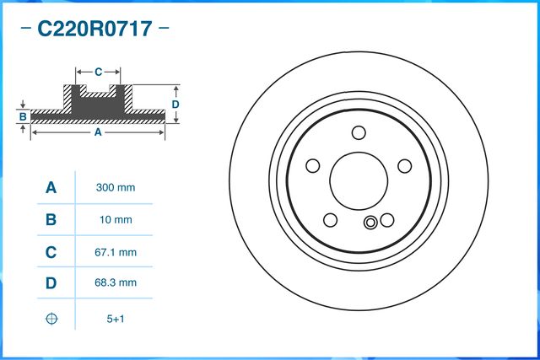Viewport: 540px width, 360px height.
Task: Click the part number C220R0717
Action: pos(94,30)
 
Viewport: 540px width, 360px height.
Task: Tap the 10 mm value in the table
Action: pos(115,220)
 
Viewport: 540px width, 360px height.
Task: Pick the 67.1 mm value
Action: pos(115,252)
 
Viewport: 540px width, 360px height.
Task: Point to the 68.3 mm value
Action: pos(115,284)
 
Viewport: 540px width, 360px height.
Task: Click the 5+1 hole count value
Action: pos(115,318)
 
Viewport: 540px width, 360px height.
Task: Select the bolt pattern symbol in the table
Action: pos(51,318)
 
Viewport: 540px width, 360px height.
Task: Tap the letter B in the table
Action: pos(51,220)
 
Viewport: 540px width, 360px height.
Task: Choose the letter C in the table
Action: pos(51,252)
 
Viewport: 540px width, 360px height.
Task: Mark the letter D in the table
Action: pos(51,284)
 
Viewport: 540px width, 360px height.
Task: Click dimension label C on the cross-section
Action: pos(97,72)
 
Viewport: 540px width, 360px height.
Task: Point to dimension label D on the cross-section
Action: pos(175,104)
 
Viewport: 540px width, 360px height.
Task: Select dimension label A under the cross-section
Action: pos(97,132)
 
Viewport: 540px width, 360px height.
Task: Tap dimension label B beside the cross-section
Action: pos(24,116)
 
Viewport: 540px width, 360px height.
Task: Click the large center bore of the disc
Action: pos(358,179)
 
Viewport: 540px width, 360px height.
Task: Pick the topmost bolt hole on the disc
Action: pos(359,132)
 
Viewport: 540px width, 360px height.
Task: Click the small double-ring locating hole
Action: pos(370,223)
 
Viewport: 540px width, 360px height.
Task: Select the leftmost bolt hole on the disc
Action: pos(312,166)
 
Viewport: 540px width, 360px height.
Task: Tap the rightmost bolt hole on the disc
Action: pos(402,165)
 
